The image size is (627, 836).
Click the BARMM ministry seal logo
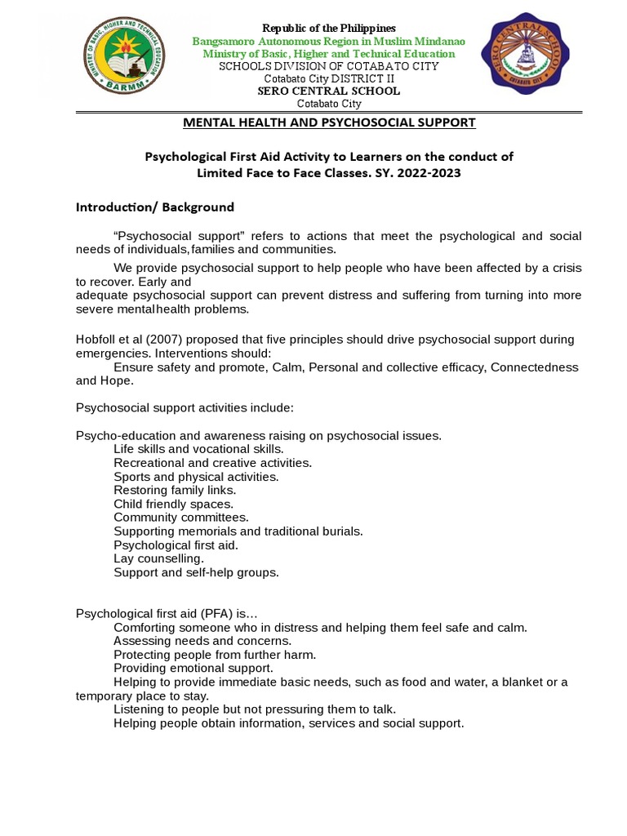click(x=124, y=56)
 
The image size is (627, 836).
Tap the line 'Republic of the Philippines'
click(x=328, y=29)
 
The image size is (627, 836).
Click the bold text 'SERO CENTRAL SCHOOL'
click(x=328, y=91)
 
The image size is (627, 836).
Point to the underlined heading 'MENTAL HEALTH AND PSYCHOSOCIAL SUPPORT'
click(x=328, y=122)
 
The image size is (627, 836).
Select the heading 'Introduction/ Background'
click(x=155, y=207)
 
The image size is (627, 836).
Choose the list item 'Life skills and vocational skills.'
click(x=198, y=449)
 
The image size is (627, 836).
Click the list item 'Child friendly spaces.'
click(x=173, y=504)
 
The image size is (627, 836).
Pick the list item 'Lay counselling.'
click(x=158, y=558)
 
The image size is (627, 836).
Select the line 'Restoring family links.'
click(x=175, y=490)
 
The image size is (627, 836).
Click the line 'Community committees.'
click(x=181, y=518)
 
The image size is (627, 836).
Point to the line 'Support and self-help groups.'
click(x=196, y=572)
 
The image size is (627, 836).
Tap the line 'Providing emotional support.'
click(x=193, y=668)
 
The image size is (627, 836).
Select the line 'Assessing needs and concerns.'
click(x=202, y=641)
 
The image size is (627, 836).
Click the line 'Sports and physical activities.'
click(x=196, y=476)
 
